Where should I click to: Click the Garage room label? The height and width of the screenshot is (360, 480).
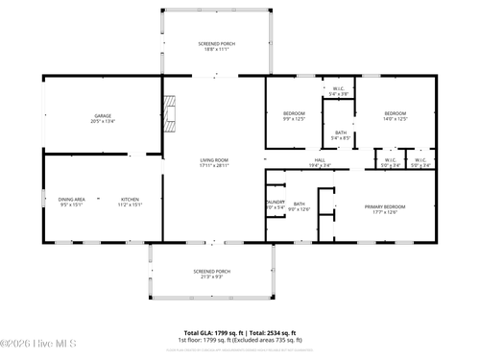click(x=103, y=116)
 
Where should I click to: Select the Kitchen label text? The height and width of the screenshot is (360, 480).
click(x=130, y=199)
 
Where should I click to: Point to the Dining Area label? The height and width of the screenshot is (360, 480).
click(x=72, y=199)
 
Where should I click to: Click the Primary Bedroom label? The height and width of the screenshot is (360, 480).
click(x=385, y=206)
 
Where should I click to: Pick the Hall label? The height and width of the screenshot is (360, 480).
click(x=320, y=160)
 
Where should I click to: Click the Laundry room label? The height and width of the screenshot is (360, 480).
click(x=275, y=202)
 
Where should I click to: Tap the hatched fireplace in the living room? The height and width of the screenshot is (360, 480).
click(x=171, y=117)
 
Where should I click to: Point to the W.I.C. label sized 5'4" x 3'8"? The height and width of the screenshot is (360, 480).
click(x=339, y=91)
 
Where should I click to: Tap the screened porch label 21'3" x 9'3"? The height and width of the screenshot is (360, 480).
click(x=211, y=274)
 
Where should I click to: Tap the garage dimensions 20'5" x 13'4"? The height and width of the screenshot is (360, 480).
click(x=103, y=122)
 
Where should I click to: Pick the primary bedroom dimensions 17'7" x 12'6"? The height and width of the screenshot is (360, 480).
click(x=385, y=212)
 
